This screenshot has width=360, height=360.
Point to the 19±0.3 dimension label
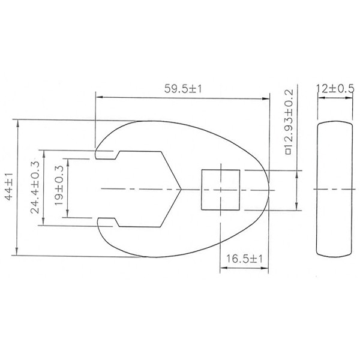tap(59, 187)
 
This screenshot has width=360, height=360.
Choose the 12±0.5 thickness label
tap(334, 88)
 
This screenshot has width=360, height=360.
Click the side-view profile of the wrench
tap(334, 189)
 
